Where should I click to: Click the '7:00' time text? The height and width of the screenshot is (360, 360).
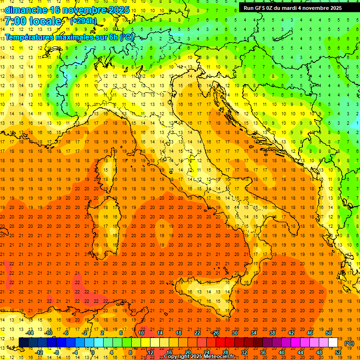pyautogui.click(x=15, y=22)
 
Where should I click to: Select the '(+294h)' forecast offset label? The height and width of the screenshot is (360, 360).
pyautogui.click(x=83, y=21)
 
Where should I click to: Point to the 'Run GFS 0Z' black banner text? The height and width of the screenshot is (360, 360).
pyautogui.click(x=259, y=8)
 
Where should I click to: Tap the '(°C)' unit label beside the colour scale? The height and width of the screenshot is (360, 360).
pyautogui.click(x=349, y=344)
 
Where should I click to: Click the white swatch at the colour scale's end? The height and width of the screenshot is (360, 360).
pyautogui.click(x=333, y=342)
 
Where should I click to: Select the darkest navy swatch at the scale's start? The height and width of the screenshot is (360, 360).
pyautogui.click(x=24, y=342)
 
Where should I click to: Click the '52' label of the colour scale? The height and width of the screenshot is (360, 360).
pyautogui.click(x=338, y=352)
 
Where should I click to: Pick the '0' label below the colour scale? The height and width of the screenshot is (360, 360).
pyautogui.click(x=93, y=352)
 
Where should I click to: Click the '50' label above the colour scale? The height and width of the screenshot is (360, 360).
pyautogui.click(x=329, y=333)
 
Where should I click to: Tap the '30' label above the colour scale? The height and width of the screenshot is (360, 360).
pyautogui.click(x=234, y=333)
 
